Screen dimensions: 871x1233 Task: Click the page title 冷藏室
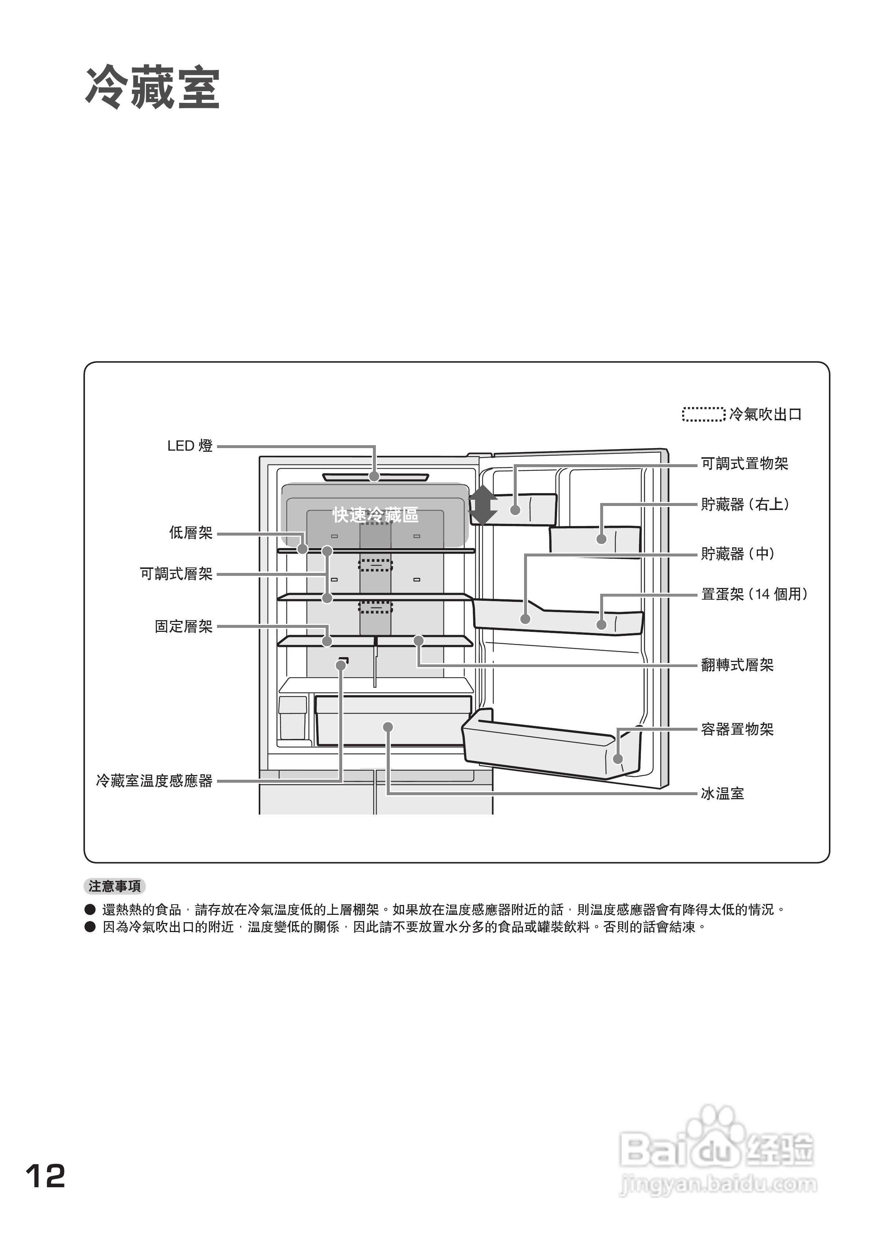[x=153, y=89]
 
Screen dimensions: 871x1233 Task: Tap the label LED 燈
[x=190, y=446]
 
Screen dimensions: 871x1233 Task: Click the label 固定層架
[x=184, y=626]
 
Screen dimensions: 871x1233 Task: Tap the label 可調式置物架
[x=744, y=463]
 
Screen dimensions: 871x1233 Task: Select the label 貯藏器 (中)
[x=737, y=553]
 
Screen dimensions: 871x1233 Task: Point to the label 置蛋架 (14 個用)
[x=754, y=594]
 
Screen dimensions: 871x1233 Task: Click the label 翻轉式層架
[x=737, y=665]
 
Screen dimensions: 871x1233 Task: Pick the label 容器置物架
[x=737, y=729]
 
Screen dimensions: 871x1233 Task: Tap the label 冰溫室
[x=722, y=794]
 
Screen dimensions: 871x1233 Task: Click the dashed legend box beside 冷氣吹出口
[x=703, y=414]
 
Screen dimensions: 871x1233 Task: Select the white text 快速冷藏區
[x=375, y=515]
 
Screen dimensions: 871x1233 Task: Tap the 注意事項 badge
[x=115, y=887]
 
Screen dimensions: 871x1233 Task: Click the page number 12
[x=46, y=1176]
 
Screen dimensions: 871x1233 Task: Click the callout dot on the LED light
[x=374, y=476]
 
